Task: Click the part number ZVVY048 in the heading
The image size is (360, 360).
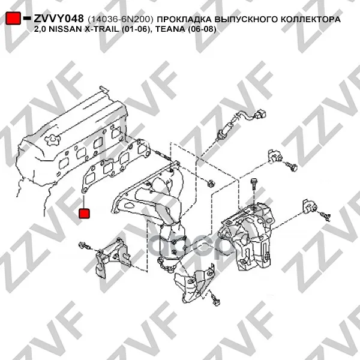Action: (59, 19)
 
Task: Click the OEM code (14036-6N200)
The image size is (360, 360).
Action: (121, 19)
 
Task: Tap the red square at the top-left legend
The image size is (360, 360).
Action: (13, 18)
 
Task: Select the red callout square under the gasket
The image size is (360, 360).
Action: (84, 213)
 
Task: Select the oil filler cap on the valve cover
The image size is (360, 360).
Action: (52, 140)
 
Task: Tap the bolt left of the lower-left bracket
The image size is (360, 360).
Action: (85, 246)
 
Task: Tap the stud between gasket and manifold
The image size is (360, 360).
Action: (163, 155)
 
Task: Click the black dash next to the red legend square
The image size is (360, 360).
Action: (27, 18)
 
